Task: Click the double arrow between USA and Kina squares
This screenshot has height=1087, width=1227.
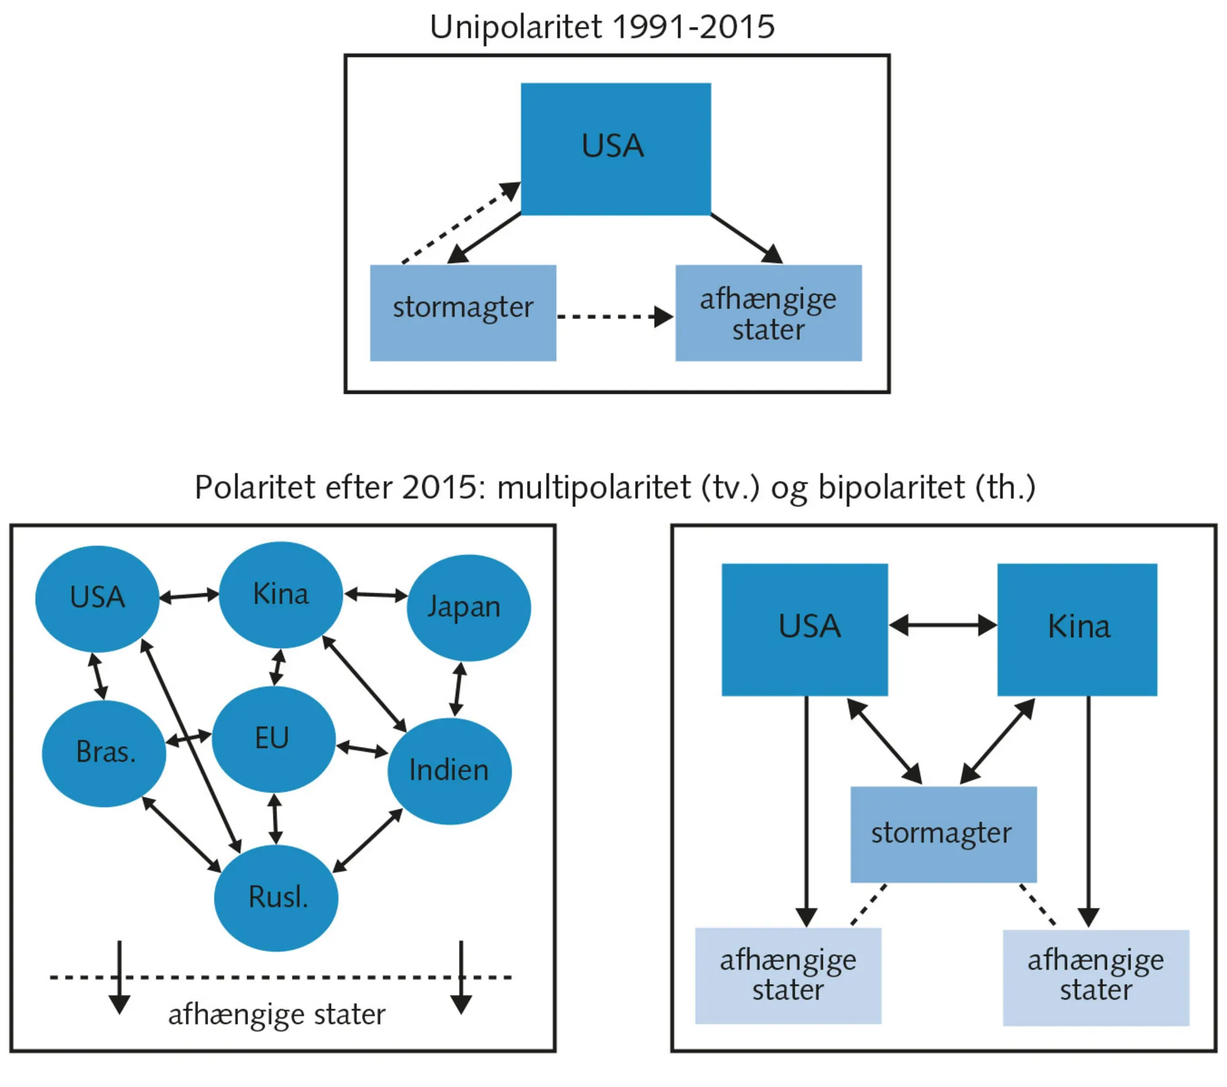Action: (x=942, y=625)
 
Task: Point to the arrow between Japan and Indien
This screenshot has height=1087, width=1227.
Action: (x=458, y=689)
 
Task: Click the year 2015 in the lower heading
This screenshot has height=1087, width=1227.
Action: (x=439, y=487)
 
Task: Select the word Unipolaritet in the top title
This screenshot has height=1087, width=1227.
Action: (x=515, y=28)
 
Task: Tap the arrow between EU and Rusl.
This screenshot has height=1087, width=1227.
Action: (x=275, y=819)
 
